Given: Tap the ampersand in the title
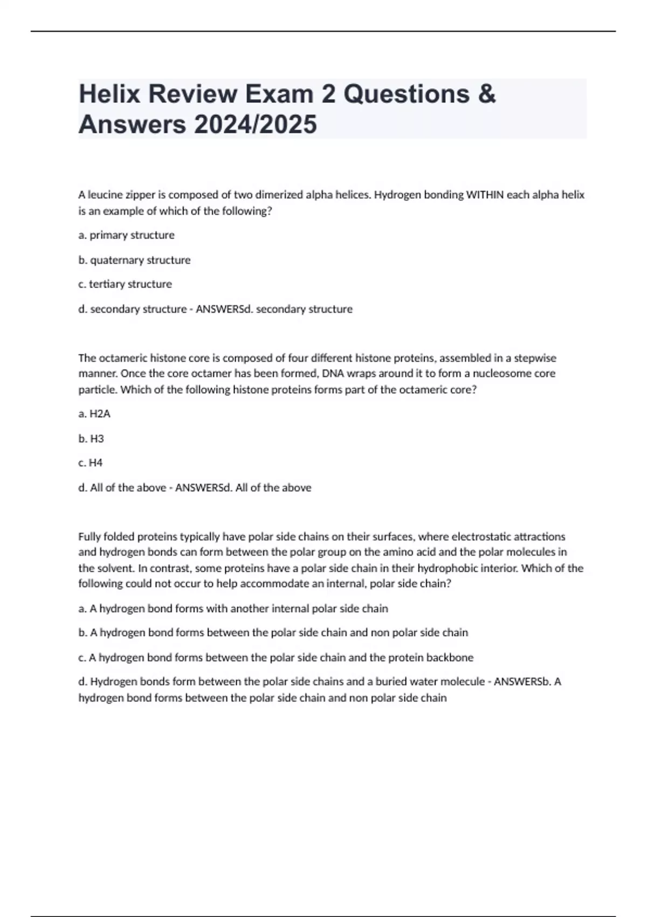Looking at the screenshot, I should (x=486, y=94).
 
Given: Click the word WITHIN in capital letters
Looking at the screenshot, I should (x=485, y=195).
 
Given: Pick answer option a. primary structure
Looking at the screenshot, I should (x=127, y=235).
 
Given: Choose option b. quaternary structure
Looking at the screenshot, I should (x=135, y=260).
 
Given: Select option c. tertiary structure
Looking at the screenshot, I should (x=125, y=284).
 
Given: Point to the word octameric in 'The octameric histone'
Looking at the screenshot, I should (x=122, y=358).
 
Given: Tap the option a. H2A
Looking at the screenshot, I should (x=94, y=414).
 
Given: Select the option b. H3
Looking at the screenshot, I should (x=91, y=439).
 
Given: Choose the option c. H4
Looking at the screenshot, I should (x=91, y=463).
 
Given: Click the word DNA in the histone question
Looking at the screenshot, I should (x=332, y=373).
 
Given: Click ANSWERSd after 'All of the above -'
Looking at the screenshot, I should (x=203, y=488).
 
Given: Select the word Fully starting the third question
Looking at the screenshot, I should (x=90, y=537).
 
